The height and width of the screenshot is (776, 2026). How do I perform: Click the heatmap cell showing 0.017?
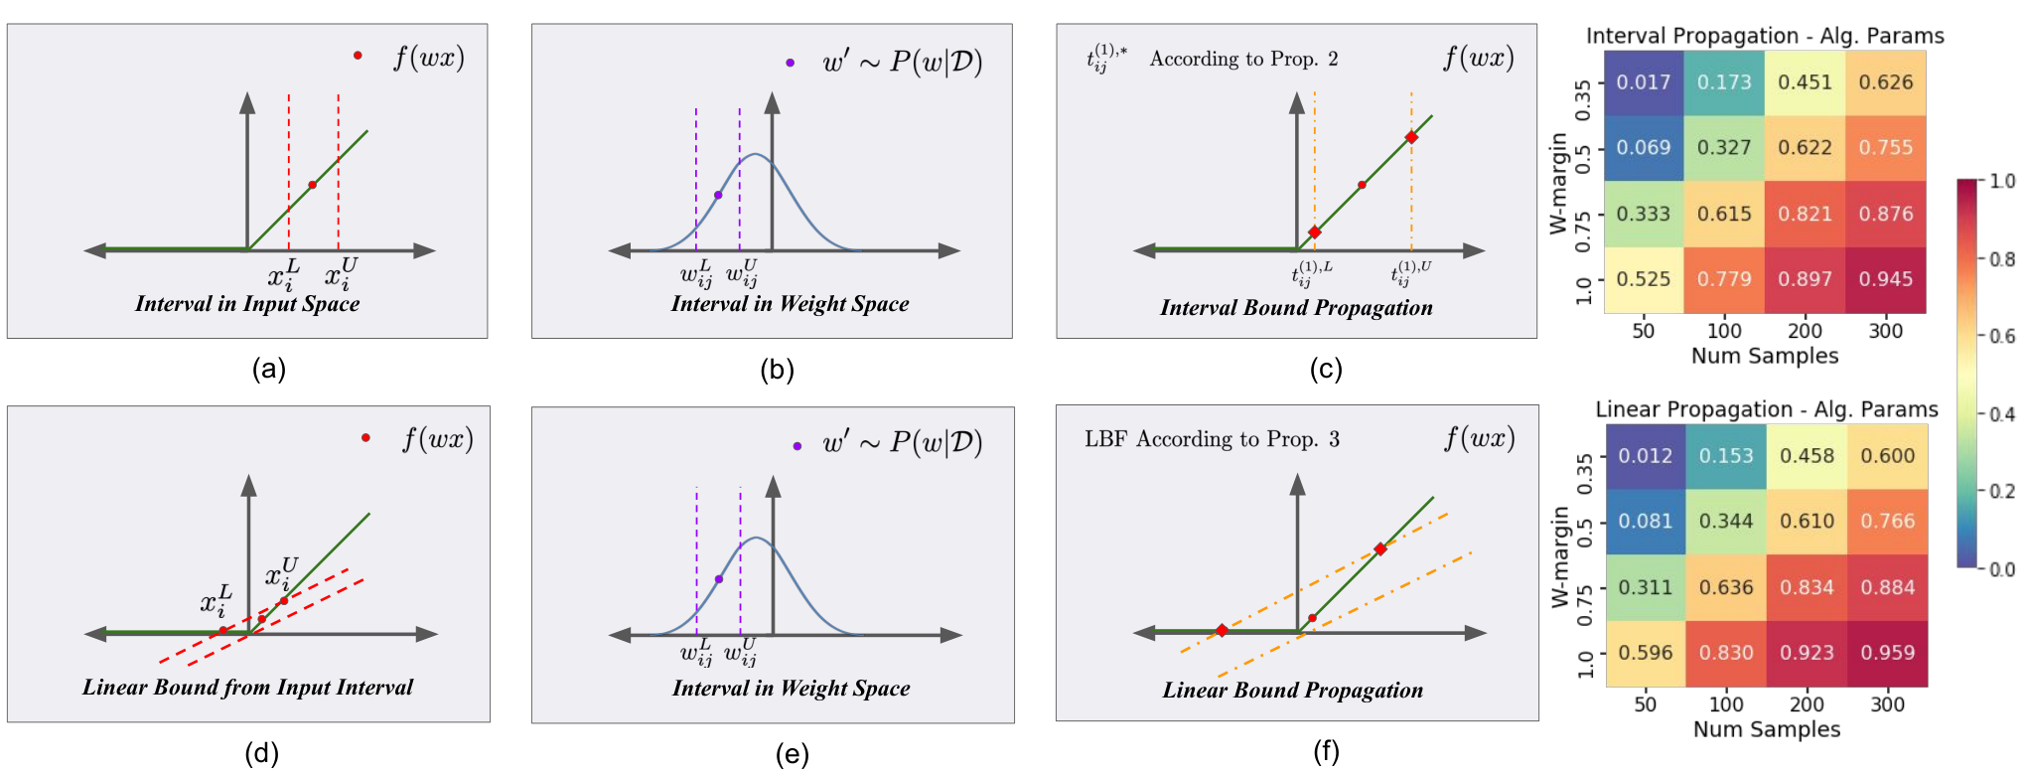click(1644, 82)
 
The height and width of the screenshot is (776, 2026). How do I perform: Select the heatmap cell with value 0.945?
click(1886, 280)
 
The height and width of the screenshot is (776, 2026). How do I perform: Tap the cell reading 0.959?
click(1888, 654)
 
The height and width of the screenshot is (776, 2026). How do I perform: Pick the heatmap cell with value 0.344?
click(1726, 522)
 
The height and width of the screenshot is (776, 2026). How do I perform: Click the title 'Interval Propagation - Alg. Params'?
click(1765, 36)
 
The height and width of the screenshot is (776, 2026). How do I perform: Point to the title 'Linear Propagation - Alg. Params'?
click(1767, 409)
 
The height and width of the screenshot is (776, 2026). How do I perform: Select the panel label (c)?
click(1326, 370)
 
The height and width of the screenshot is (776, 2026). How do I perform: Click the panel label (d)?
click(261, 753)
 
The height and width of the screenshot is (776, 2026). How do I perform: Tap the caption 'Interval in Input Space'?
click(247, 304)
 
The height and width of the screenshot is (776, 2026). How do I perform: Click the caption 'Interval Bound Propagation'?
click(1296, 308)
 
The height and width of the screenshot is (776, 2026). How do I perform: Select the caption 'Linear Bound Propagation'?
click(1293, 691)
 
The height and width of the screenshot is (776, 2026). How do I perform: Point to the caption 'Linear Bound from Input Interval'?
click(247, 688)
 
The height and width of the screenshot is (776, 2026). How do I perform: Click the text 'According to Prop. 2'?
click(1243, 59)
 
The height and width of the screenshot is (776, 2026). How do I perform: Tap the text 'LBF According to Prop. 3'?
click(1212, 439)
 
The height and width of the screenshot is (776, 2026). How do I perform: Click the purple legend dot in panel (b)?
click(790, 63)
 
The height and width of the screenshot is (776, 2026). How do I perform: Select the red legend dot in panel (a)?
click(358, 56)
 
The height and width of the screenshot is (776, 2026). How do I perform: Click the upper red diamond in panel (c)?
click(1411, 137)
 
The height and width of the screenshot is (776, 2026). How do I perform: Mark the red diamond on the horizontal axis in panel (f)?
click(1222, 631)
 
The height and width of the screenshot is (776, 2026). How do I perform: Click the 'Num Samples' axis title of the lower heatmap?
click(1767, 729)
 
